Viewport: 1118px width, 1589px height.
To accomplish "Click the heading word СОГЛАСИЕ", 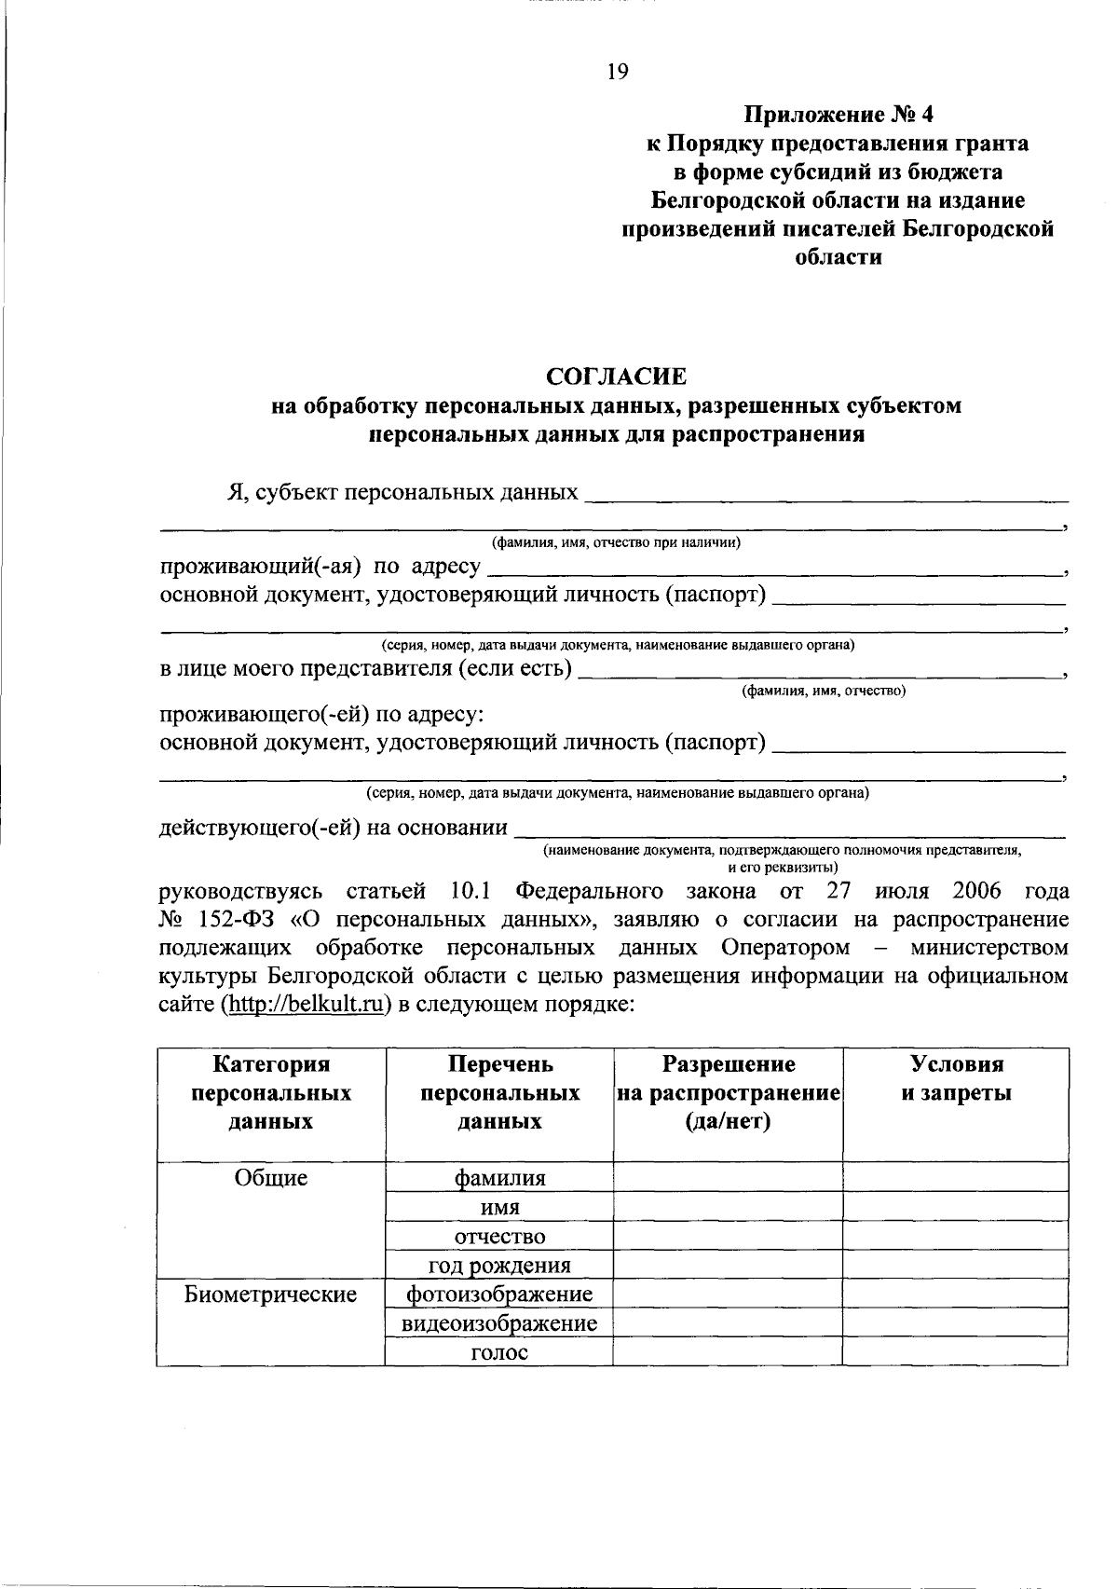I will coord(616,377).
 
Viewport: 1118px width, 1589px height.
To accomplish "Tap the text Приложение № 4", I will coord(838,115).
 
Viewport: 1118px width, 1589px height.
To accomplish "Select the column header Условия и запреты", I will coord(956,1078).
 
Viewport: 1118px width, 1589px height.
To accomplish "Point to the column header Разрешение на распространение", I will coord(728,1092).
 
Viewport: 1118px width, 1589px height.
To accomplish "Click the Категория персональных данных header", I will coord(271,1092).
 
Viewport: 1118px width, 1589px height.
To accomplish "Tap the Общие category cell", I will coord(271,1178).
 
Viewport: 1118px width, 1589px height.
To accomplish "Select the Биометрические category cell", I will coord(271,1294).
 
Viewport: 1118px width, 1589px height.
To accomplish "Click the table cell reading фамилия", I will coord(499,1178).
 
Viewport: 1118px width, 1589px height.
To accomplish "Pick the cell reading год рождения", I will coord(499,1266).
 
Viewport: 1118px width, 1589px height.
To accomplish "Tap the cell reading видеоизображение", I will coord(499,1323).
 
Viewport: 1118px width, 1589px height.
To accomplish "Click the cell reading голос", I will coord(499,1352).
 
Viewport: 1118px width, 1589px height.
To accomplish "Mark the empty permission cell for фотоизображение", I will coord(728,1294).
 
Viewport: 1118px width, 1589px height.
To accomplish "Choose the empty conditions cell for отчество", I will coord(956,1237).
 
